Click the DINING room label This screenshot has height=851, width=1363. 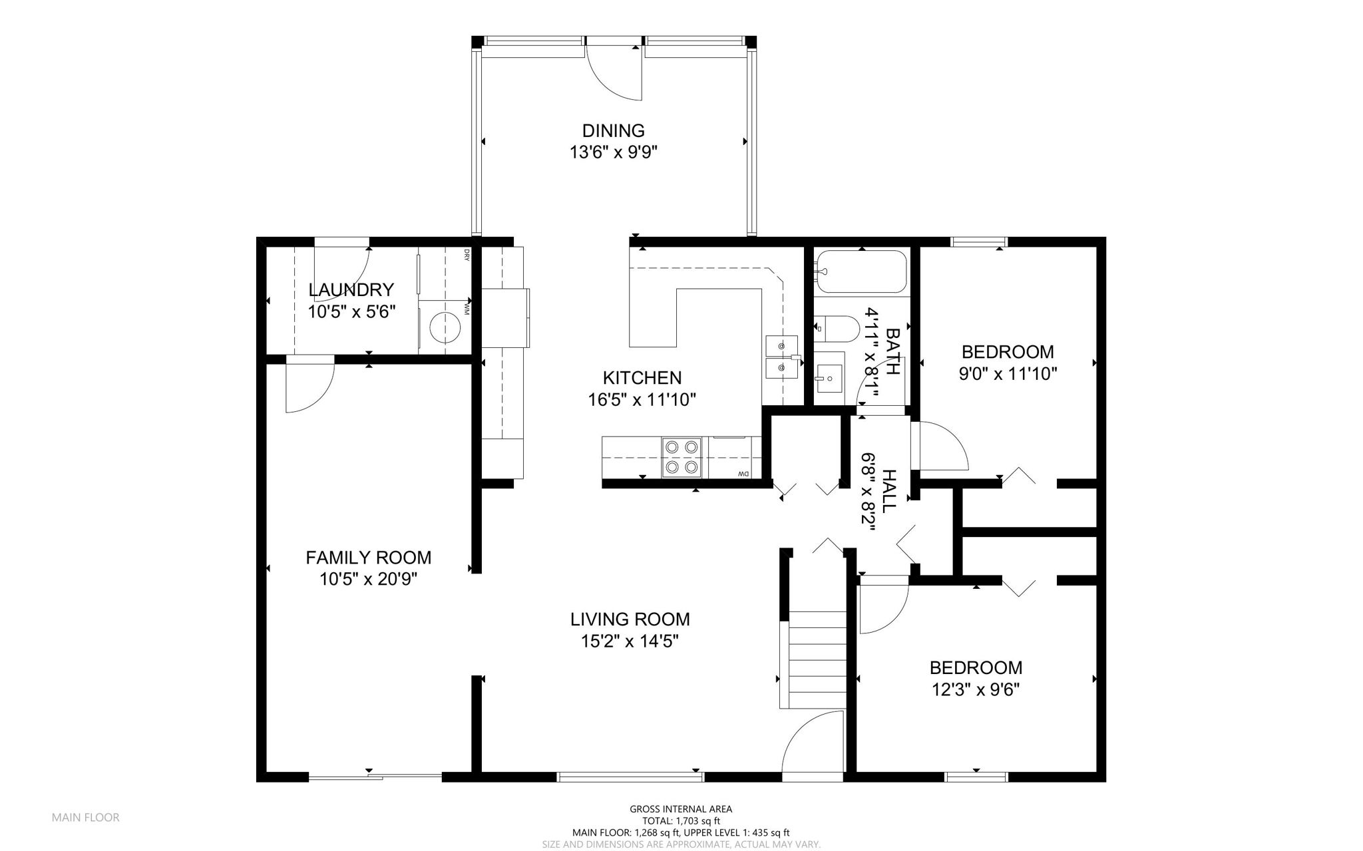pos(614,130)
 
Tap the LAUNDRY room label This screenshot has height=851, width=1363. pos(351,290)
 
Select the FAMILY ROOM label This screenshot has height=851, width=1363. pos(368,558)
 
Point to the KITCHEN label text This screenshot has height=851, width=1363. pos(642,378)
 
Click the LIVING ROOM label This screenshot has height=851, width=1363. pos(630,619)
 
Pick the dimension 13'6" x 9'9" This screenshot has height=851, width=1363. pos(614,152)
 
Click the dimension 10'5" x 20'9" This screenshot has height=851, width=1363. pos(368,580)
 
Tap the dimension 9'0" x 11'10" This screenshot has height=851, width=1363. pos(1008,374)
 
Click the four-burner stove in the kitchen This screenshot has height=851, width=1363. pos(682,457)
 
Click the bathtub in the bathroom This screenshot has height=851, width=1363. pos(861,271)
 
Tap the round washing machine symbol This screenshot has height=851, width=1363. pos(445,327)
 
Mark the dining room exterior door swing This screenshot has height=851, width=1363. pos(614,73)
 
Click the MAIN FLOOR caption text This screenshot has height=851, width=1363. pos(86,818)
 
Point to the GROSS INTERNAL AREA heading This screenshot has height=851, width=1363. pos(681,809)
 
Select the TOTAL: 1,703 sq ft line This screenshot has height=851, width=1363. pos(681,821)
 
